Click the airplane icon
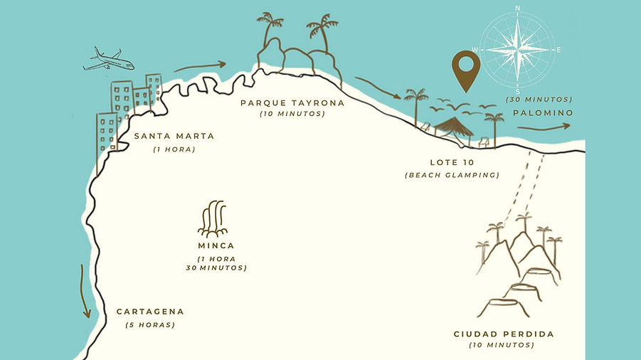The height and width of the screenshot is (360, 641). click(108, 59)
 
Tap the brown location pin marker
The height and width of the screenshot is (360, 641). click(467, 70)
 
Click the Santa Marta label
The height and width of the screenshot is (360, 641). click(174, 136)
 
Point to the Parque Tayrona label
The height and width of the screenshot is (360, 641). click(292, 102)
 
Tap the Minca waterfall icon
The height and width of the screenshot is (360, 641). click(213, 219)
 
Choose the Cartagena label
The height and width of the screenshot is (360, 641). click(150, 312)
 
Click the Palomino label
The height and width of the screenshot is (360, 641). click(543, 112)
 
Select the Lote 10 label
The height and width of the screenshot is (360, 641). click(452, 162)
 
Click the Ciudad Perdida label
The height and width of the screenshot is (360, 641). click(504, 334)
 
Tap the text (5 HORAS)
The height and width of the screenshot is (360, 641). click(150, 325)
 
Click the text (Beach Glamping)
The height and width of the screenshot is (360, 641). click(452, 175)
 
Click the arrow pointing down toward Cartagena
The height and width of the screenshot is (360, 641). click(85, 292)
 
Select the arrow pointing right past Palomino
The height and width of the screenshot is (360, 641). click(544, 127)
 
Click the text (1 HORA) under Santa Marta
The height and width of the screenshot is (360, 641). click(174, 149)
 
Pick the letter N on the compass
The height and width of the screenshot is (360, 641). click(517, 8)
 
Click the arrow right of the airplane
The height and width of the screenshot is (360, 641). click(199, 67)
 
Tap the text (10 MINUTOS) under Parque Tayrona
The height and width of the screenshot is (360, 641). click(292, 114)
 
